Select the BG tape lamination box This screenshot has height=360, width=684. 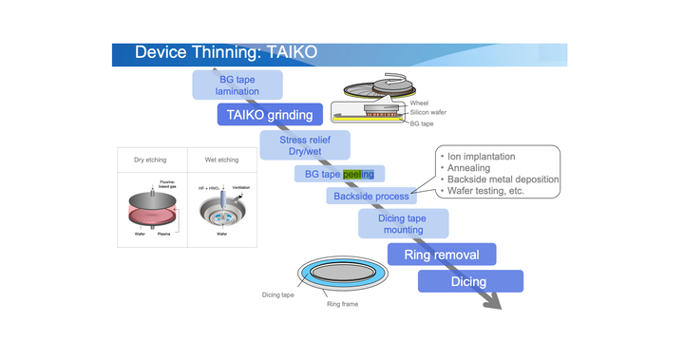coord(238,85)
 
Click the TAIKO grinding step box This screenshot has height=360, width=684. coord(265,116)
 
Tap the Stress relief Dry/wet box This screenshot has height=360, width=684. coord(305,145)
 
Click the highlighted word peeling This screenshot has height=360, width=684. coord(358,174)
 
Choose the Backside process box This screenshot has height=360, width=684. coord(370,196)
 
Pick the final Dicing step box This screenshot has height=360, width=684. coord(469,281)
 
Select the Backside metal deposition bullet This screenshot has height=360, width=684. coord(503,180)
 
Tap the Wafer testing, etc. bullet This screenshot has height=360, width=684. coord(488,192)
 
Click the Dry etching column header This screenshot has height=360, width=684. coord(149,160)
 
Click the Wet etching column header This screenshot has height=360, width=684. coord(220,160)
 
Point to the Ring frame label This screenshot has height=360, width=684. coord(343,304)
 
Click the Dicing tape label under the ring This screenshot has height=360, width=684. coord(279,294)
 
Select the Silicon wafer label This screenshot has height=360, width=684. coord(428,112)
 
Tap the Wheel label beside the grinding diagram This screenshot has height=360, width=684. coord(419,103)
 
